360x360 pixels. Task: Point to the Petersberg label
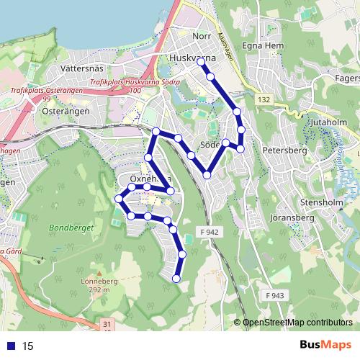coord(285,151)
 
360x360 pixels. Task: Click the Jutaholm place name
coord(327,123)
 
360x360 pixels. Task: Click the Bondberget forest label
coord(72,229)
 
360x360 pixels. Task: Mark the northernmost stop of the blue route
coord(201,62)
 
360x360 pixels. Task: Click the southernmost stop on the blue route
coord(176,279)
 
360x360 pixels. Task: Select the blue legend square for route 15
coord(9,346)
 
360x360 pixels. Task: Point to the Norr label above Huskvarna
coord(202,35)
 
